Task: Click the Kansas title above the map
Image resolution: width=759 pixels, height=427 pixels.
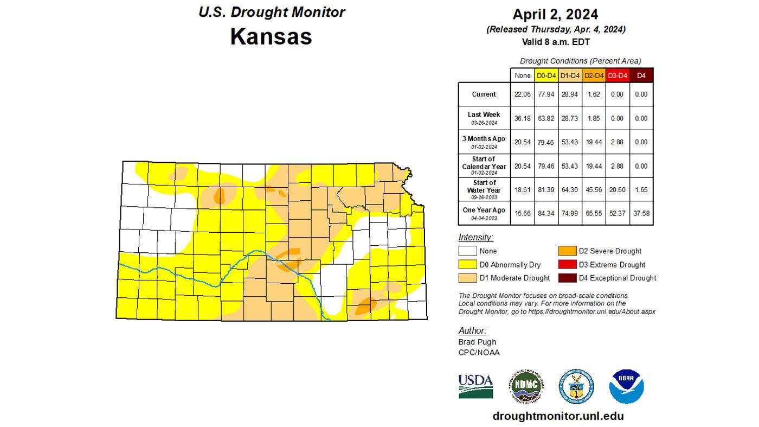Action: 271,36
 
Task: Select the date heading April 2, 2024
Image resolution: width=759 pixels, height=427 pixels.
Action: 555,14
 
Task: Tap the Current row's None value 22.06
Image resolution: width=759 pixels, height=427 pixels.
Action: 522,94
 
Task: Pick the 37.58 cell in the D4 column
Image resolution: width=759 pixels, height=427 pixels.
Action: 641,213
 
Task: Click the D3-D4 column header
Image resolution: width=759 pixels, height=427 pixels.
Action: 617,76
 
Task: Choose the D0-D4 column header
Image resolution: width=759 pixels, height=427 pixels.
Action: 545,76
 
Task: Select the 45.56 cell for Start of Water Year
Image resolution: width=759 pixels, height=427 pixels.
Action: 593,190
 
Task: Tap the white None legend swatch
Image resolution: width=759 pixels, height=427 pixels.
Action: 467,251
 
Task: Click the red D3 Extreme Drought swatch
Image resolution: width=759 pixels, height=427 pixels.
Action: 568,265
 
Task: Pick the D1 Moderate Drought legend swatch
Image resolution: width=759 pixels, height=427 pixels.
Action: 467,278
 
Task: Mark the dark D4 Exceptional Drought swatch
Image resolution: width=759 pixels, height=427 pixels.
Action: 568,278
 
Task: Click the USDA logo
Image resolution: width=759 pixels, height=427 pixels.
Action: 475,386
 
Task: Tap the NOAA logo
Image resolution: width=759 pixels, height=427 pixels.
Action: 626,386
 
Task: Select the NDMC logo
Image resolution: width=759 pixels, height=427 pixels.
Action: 526,386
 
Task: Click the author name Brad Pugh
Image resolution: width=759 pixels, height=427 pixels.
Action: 477,342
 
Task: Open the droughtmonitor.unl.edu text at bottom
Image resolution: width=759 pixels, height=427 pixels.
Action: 558,416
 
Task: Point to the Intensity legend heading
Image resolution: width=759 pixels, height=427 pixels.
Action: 475,238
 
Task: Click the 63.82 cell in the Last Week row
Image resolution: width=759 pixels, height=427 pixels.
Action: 545,118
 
